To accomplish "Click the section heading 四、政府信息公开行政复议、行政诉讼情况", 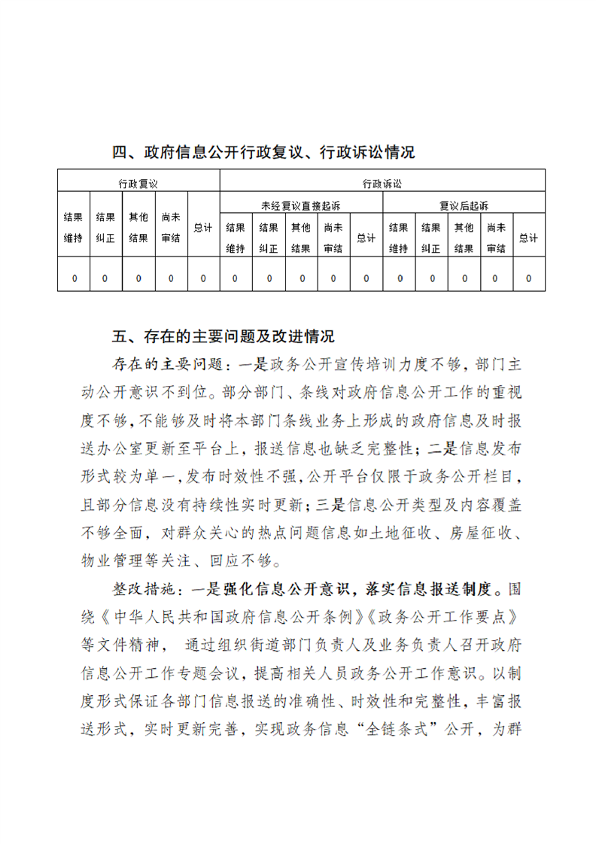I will [263, 153].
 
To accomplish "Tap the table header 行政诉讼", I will [382, 183].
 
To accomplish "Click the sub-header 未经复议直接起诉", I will [300, 205].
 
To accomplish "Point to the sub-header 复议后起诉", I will [464, 205].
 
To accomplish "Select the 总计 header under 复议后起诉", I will [528, 238].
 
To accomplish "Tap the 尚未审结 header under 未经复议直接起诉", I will [333, 238].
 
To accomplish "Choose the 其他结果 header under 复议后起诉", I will [464, 238].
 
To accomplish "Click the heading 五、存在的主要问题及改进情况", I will [223, 335].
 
